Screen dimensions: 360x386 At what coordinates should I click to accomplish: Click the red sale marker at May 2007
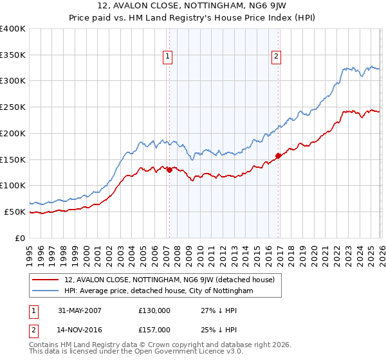tap(169, 170)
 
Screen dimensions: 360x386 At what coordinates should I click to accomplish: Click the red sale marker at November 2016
tap(278, 156)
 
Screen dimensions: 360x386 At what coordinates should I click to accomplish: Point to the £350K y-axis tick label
tap(12, 55)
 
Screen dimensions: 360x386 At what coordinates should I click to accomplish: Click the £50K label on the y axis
tap(14, 212)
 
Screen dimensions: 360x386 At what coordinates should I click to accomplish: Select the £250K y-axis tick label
tap(12, 107)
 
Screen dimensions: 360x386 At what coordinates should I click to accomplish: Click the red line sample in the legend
tap(45, 280)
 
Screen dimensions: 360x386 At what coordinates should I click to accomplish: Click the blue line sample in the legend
tap(45, 291)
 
